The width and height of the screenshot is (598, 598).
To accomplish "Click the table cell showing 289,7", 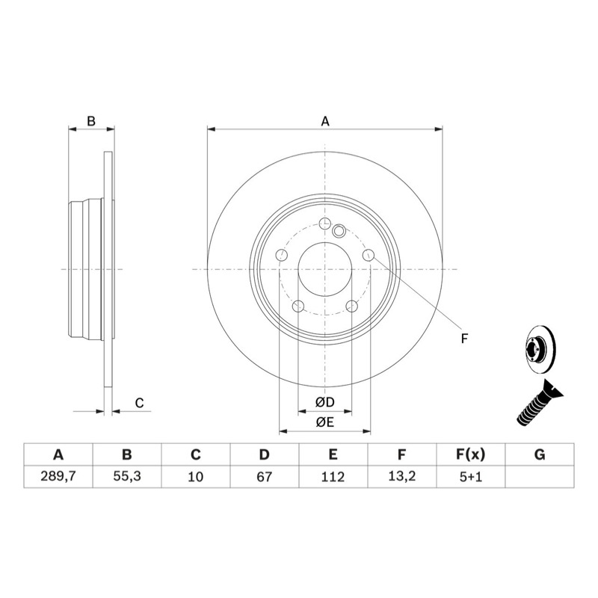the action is pyautogui.click(x=58, y=476).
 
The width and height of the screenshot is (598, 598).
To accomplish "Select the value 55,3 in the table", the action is pyautogui.click(x=127, y=476).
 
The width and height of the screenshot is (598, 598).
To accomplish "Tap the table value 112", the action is pyautogui.click(x=333, y=476).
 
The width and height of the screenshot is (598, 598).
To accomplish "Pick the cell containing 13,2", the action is pyautogui.click(x=401, y=476).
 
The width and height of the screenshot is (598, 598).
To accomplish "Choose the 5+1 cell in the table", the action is pyautogui.click(x=471, y=476).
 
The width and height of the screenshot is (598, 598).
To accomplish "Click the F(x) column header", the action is pyautogui.click(x=471, y=454).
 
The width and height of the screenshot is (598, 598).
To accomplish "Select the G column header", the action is pyautogui.click(x=540, y=454).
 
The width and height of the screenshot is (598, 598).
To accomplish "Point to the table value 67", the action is pyautogui.click(x=265, y=476).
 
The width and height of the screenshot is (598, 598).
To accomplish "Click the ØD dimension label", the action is pyautogui.click(x=324, y=402).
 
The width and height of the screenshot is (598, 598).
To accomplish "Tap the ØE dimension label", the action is pyautogui.click(x=324, y=422).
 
